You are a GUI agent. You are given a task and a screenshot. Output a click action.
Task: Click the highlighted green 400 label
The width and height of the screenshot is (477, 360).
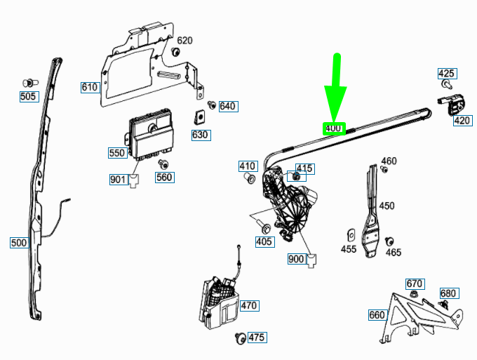(332, 128)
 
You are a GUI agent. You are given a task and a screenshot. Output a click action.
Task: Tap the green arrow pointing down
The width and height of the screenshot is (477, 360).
(336, 88)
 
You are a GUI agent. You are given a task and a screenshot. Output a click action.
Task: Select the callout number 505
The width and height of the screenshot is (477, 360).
(28, 96)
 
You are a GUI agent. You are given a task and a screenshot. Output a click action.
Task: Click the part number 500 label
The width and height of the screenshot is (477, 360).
(19, 243)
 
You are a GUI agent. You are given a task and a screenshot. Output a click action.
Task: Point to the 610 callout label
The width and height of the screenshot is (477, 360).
(89, 87)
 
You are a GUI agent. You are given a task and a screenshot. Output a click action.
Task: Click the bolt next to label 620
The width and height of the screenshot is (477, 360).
(175, 53)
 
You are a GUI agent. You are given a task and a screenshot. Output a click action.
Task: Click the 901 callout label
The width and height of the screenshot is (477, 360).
(118, 180)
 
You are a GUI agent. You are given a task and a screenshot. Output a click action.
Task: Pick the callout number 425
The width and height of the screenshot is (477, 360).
(446, 74)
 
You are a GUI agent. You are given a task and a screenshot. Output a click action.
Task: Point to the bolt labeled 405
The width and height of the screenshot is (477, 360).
(264, 227)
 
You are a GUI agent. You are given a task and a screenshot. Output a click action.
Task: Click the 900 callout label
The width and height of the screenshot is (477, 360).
(296, 259)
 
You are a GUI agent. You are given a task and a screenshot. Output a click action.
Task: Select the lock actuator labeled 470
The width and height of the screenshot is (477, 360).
(220, 303)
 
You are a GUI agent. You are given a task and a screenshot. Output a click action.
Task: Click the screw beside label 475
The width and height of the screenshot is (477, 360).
(241, 338)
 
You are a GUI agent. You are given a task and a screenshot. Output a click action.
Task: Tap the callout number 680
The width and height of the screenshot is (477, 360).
(448, 293)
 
